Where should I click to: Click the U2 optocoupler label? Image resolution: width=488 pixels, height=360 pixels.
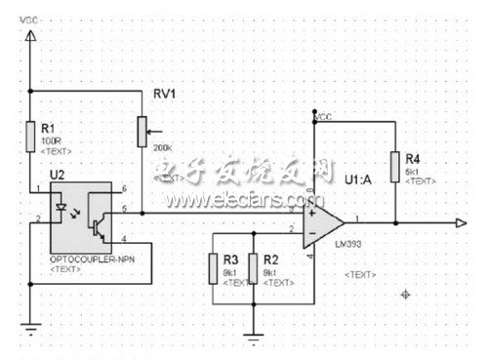(x=57, y=173)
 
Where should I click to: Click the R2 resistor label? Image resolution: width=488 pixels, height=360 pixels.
(x=270, y=260)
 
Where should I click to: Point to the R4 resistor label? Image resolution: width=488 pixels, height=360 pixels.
(x=413, y=157)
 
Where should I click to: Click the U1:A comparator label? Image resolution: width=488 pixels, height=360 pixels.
(x=359, y=180)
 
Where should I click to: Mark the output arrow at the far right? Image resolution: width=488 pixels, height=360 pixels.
(x=460, y=222)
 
